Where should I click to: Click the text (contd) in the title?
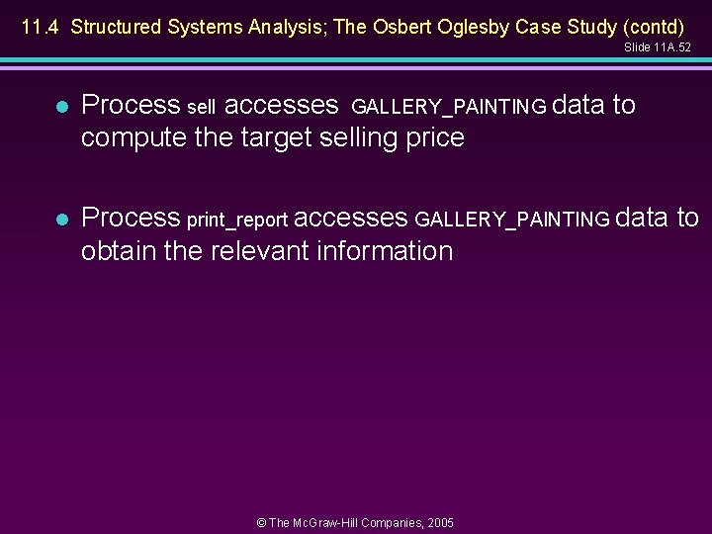pos(652,27)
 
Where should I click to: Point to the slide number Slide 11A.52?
pos(658,47)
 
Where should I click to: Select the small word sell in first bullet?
pos(202,107)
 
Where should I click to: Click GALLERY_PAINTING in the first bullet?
pos(448,107)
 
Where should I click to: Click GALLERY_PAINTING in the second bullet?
pos(512,220)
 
